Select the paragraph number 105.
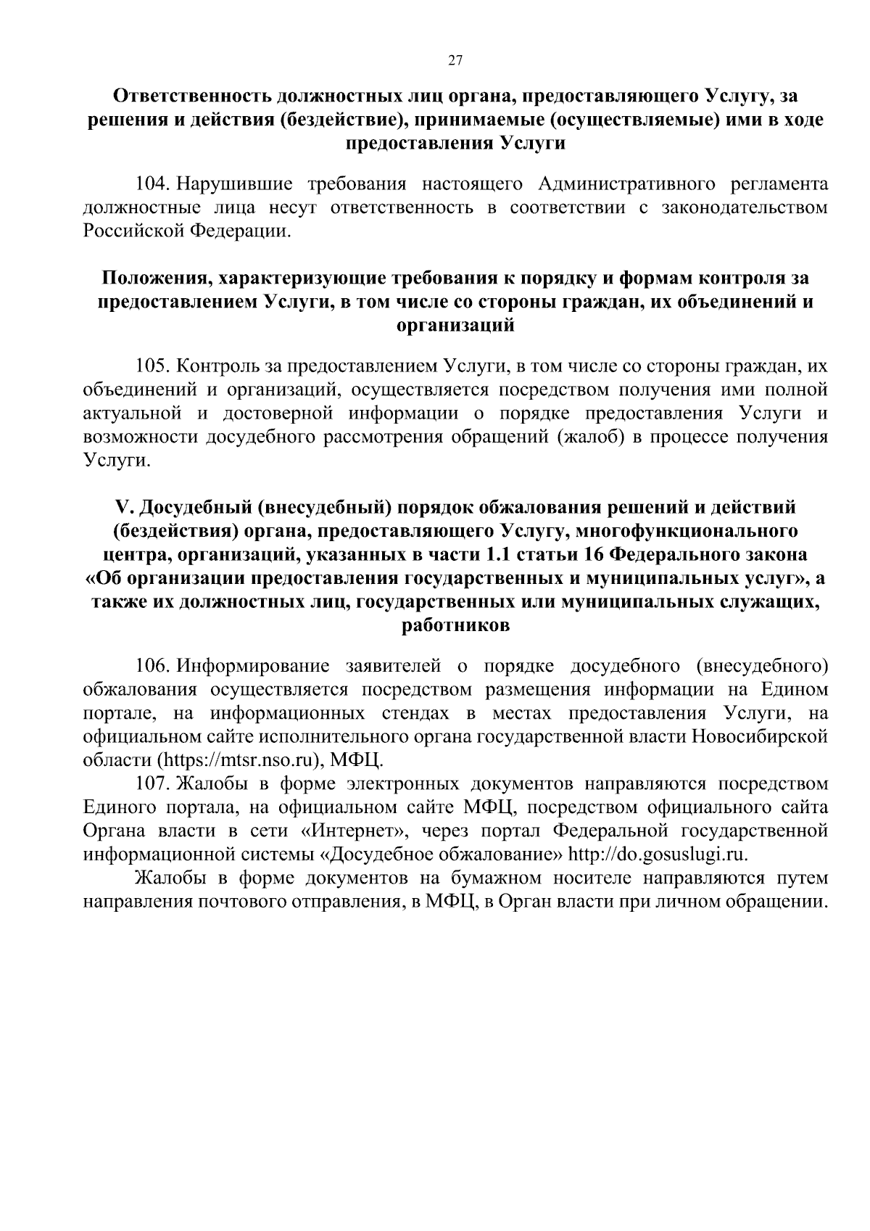coord(152,366)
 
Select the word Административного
coord(615,184)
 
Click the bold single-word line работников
coord(455,626)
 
